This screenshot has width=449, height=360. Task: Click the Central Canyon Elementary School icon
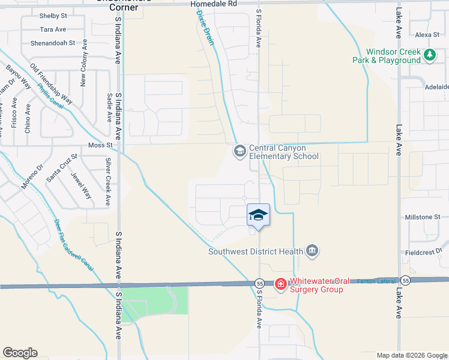(240, 150)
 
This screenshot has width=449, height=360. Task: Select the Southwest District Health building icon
(312, 250)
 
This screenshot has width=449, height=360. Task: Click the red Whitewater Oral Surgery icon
(280, 284)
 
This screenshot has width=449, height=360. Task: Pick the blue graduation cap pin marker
(258, 215)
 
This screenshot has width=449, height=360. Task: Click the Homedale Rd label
(214, 4)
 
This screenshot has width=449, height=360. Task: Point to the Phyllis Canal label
(50, 96)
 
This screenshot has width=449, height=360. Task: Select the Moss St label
(100, 145)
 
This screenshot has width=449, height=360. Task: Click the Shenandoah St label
(53, 43)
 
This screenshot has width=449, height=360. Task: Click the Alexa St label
(427, 35)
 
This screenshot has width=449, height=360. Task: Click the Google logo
(20, 353)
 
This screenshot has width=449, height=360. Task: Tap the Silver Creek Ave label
(108, 182)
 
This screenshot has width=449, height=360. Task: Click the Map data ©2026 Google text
(412, 355)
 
